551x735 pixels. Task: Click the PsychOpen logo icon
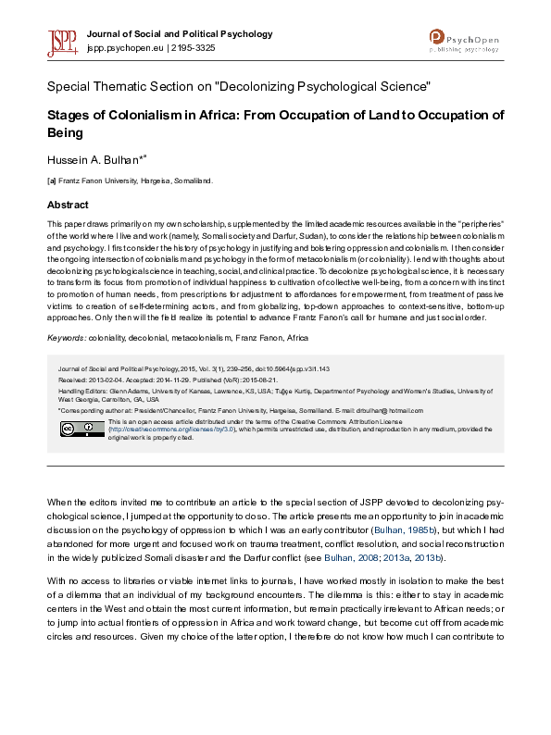(x=437, y=36)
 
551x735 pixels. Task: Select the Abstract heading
(x=68, y=205)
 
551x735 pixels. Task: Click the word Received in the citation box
(x=74, y=377)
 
